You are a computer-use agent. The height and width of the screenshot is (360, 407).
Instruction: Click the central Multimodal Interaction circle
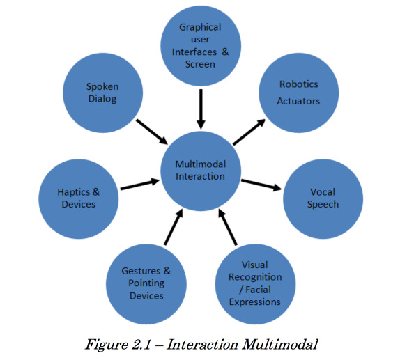pyautogui.click(x=201, y=171)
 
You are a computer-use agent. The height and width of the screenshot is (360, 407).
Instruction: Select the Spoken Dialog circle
pyautogui.click(x=102, y=93)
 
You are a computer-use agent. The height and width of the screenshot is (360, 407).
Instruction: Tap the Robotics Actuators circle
pyautogui.click(x=299, y=93)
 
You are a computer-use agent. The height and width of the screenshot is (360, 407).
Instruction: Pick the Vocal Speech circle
pyautogui.click(x=323, y=199)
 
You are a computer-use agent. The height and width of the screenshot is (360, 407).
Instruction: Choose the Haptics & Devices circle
pyautogui.click(x=79, y=199)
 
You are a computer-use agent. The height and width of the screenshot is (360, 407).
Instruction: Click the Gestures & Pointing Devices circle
pyautogui.click(x=146, y=284)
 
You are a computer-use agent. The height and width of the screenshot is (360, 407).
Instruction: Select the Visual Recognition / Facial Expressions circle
pyautogui.click(x=255, y=284)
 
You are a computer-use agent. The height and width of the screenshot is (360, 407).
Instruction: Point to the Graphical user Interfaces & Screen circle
pyautogui.click(x=201, y=46)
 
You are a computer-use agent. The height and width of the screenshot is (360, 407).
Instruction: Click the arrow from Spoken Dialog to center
pyautogui.click(x=152, y=132)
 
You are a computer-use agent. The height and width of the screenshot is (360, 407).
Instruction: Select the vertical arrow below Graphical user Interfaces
pyautogui.click(x=201, y=109)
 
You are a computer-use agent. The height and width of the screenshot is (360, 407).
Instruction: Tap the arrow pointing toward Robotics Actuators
pyautogui.click(x=249, y=132)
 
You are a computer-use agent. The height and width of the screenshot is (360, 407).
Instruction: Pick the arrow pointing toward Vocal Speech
pyautogui.click(x=261, y=185)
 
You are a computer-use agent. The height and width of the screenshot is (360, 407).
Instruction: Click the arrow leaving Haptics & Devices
pyautogui.click(x=140, y=184)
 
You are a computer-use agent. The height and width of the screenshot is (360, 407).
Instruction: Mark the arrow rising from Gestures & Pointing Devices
pyautogui.click(x=174, y=227)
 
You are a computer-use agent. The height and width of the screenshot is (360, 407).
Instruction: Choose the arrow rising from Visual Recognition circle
pyautogui.click(x=228, y=227)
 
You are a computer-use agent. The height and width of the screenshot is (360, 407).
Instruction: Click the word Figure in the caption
pyautogui.click(x=107, y=345)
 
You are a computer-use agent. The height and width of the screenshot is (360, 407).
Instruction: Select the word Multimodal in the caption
pyautogui.click(x=280, y=345)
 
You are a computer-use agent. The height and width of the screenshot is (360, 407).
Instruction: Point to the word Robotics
pyautogui.click(x=299, y=84)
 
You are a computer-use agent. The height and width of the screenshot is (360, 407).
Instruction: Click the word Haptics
pyautogui.click(x=74, y=192)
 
